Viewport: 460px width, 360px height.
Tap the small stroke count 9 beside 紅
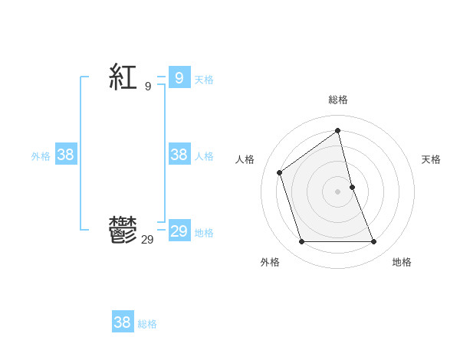148,87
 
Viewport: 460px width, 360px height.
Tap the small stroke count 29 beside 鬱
147,240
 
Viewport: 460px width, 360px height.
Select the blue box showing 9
179,77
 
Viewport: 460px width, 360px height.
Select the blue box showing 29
179,231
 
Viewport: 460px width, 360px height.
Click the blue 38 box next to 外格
66,155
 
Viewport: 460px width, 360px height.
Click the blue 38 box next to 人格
179,155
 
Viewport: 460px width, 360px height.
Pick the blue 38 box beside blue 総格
122,322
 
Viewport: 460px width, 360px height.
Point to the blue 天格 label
204,79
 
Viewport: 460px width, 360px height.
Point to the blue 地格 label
204,233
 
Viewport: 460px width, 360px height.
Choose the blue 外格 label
41,156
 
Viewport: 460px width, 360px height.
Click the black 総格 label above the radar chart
338,100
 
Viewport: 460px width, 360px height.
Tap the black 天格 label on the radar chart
431,159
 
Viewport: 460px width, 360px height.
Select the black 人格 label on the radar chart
245,159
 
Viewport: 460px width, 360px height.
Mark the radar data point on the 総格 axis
338,130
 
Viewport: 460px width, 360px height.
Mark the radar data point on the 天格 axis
352,187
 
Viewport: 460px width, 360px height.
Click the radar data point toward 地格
374,242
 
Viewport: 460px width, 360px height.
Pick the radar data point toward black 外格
301,242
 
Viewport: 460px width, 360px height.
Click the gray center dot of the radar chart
338,191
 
